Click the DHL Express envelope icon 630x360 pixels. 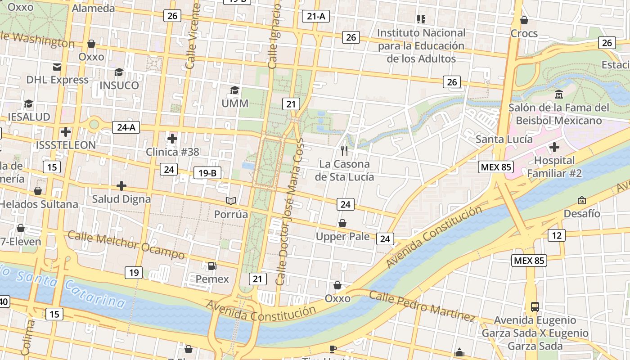tap(57, 67)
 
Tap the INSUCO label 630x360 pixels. tap(119, 85)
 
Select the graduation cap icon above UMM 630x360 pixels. tap(234, 90)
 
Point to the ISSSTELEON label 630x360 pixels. tap(66, 145)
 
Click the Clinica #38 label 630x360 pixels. tap(172, 152)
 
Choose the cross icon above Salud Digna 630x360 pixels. tap(121, 185)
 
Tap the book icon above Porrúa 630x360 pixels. tap(231, 201)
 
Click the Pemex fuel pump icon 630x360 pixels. tap(212, 266)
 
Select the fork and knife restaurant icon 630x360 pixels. tap(344, 150)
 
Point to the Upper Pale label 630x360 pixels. tap(342, 237)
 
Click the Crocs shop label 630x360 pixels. tap(524, 33)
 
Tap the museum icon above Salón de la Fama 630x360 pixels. tap(559, 94)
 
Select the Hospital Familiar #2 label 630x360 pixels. tap(554, 167)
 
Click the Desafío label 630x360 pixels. tap(582, 213)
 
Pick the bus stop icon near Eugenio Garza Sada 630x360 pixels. tap(535, 307)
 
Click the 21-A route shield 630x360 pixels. tap(315, 17)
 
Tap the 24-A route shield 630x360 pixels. tap(126, 127)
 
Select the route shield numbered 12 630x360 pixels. tap(557, 235)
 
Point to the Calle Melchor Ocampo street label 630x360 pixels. tap(126, 246)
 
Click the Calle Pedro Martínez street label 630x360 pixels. tap(422, 306)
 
